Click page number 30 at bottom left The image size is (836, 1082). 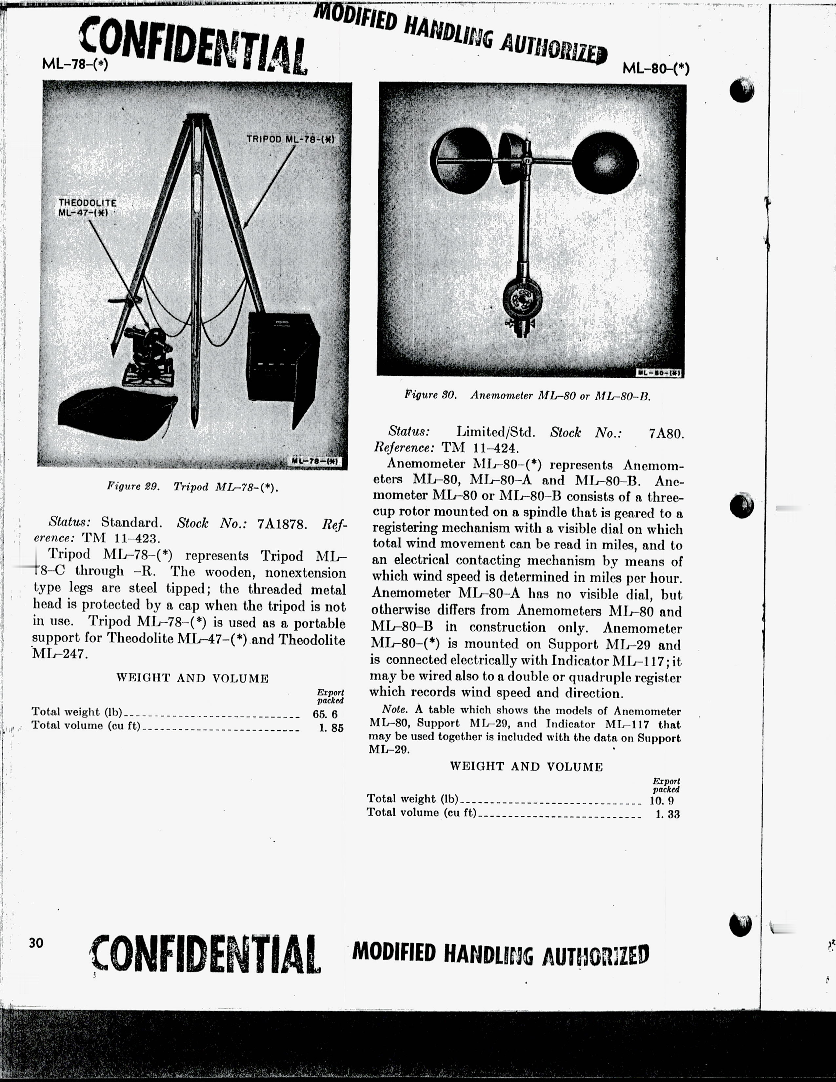pos(36,943)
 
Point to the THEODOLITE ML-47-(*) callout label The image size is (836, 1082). pos(87,208)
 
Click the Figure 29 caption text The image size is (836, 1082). pos(193,487)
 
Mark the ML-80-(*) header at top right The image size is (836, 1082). pos(656,69)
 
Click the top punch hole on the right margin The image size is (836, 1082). pos(741,91)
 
